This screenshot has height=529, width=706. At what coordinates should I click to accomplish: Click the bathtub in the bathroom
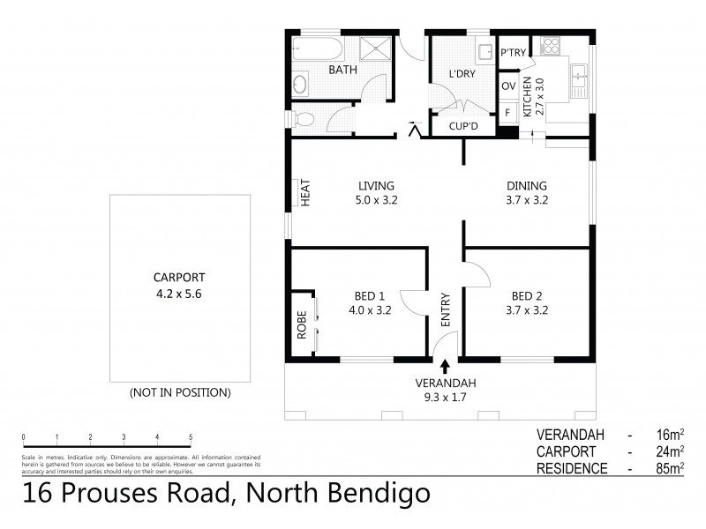pos(314,47)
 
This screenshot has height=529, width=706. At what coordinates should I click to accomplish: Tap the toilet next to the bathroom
pos(303,118)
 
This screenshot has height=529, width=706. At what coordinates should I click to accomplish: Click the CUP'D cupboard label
pos(462,127)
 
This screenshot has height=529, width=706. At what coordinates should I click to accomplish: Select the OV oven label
pos(508,86)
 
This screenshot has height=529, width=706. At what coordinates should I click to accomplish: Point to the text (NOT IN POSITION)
pos(180,391)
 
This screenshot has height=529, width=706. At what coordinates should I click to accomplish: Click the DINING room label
pos(526,185)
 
